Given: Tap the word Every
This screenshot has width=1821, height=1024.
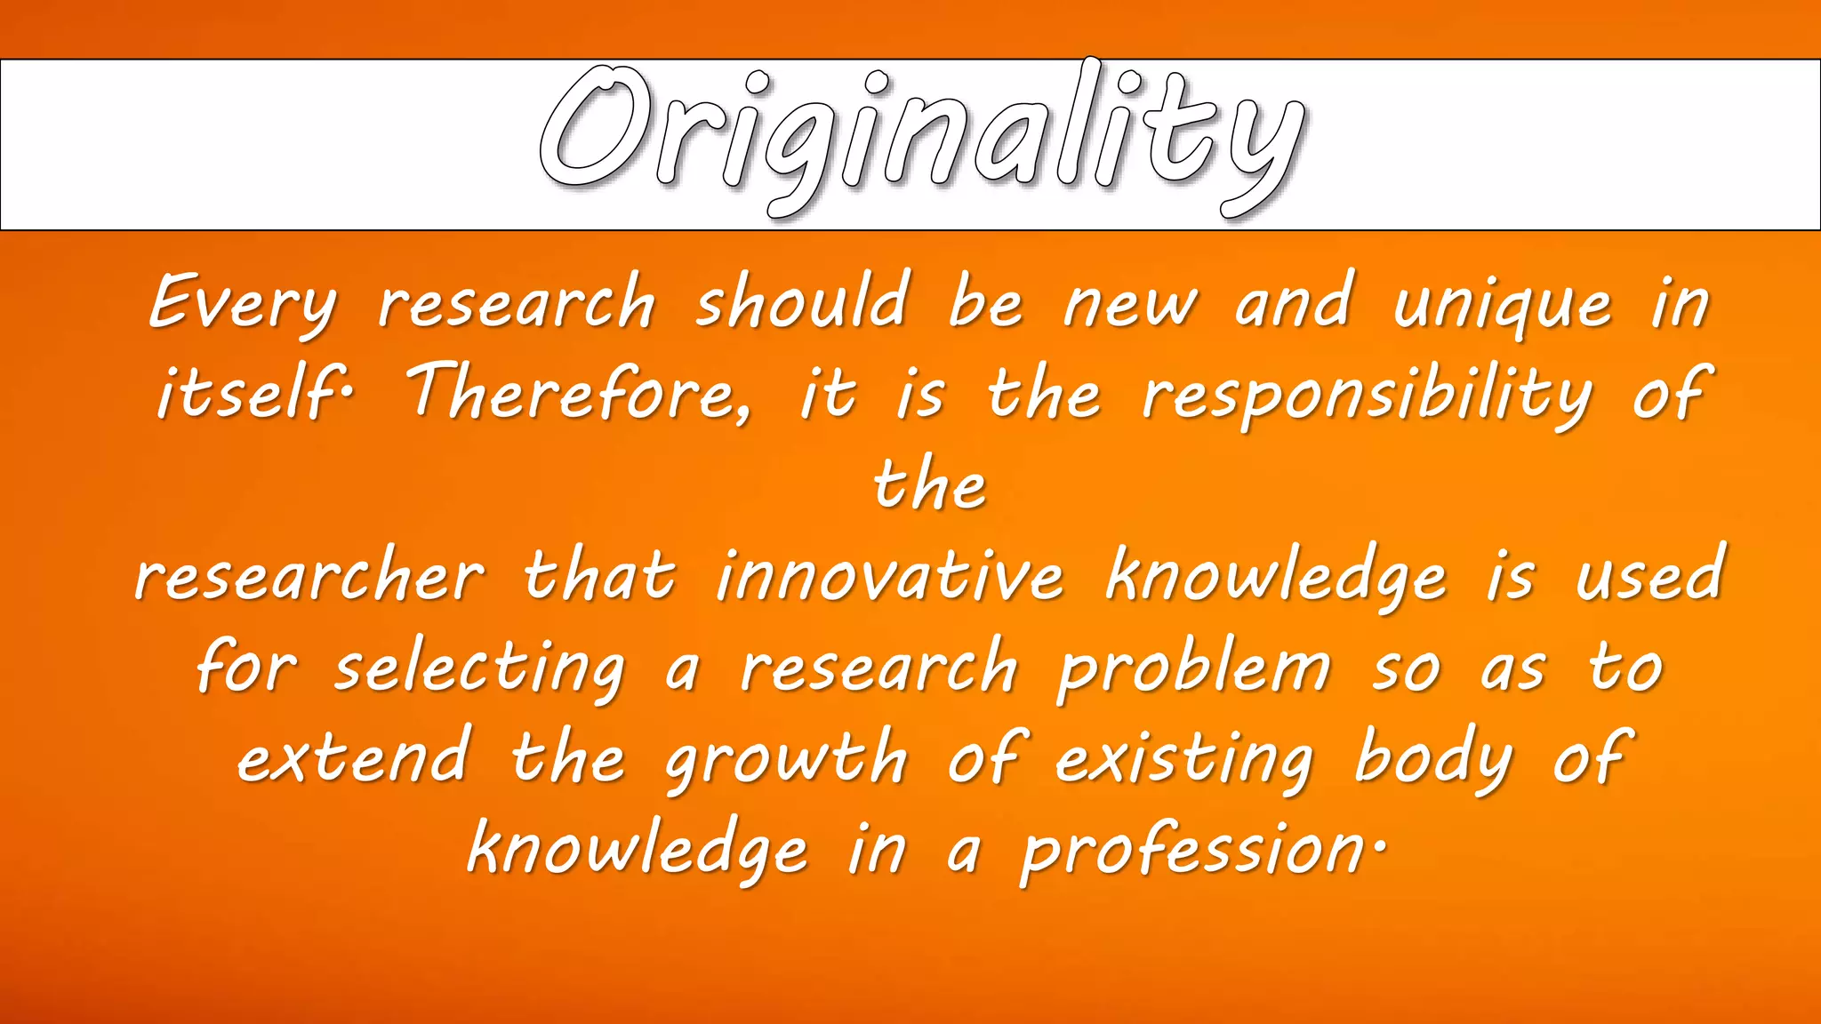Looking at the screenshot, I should (x=242, y=304).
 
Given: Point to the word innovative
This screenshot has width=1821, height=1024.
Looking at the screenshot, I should (x=889, y=576).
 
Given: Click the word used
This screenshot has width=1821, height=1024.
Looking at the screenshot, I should (x=1649, y=576).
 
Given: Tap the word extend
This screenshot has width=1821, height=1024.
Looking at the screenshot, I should (x=353, y=757).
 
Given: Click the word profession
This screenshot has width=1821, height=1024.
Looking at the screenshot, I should (x=1191, y=852).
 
